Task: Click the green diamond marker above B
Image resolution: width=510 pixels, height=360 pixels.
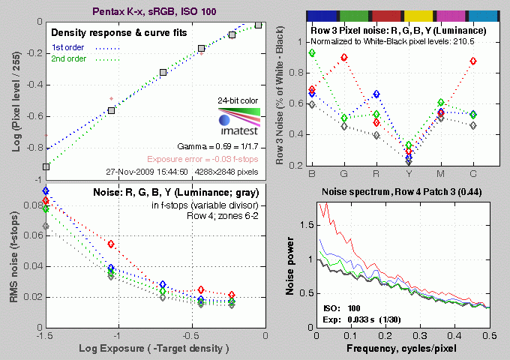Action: [311, 53]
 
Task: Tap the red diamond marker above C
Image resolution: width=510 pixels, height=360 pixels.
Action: [473, 61]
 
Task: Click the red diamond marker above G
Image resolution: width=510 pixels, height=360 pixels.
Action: [344, 58]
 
